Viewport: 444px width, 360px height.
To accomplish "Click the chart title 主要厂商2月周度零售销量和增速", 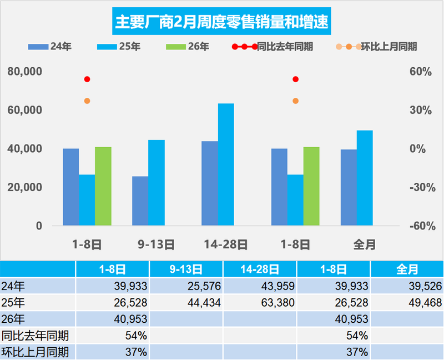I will [x=221, y=23].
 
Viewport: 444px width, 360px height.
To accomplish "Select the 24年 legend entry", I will [x=48, y=47].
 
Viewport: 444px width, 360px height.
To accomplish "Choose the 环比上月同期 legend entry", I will [x=377, y=47].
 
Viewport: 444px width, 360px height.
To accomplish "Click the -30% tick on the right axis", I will [x=420, y=187].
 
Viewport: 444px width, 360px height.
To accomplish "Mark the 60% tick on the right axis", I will [x=420, y=72].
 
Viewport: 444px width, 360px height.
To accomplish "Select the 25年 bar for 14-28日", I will [x=226, y=164].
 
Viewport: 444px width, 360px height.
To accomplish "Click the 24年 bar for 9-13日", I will [x=140, y=201].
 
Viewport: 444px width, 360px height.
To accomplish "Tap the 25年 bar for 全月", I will [x=365, y=178].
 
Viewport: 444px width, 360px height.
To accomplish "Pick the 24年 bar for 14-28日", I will [x=209, y=183].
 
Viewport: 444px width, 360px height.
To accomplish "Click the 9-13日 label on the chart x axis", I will [x=156, y=244].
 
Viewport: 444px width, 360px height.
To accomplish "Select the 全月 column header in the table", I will [x=407, y=270].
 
